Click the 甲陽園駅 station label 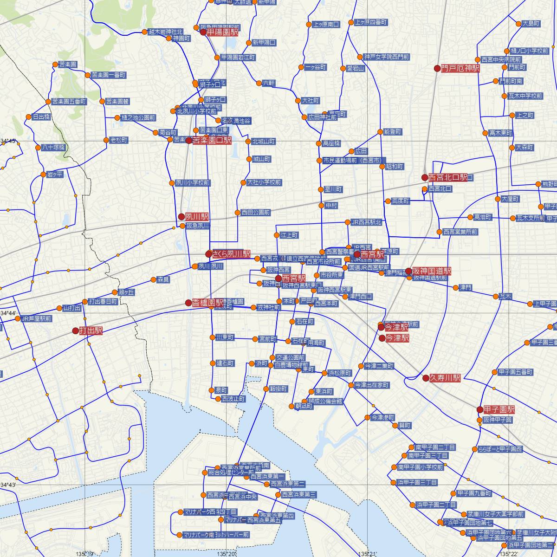[x=222, y=32]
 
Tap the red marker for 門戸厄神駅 [x=437, y=69]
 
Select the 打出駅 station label [x=91, y=331]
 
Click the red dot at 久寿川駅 [x=426, y=378]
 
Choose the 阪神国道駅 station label [x=431, y=271]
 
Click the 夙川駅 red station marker [x=181, y=217]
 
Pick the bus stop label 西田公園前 [x=256, y=213]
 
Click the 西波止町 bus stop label [x=233, y=399]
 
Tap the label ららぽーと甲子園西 [x=500, y=449]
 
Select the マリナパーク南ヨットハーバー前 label [x=216, y=535]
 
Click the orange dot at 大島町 [x=519, y=23]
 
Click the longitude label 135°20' [x=227, y=554]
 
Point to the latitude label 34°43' [x=8, y=485]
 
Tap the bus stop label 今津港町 [x=382, y=418]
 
